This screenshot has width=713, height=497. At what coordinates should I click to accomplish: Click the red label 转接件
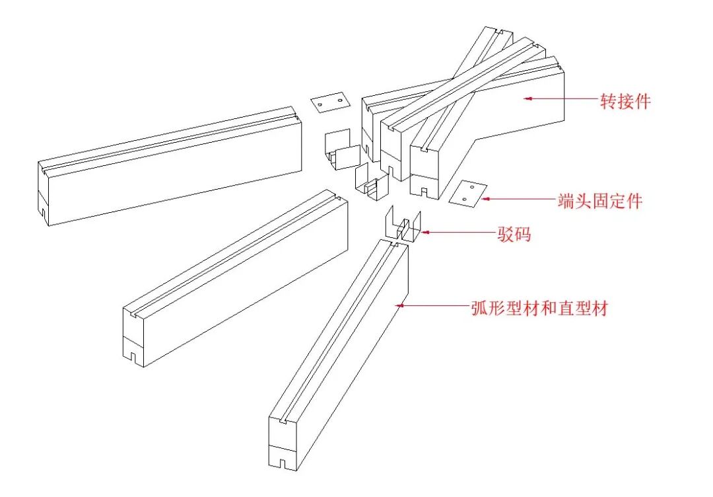(x=625, y=101)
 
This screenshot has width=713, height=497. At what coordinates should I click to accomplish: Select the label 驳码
(x=514, y=234)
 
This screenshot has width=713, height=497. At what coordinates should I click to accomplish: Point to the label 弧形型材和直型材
(x=539, y=308)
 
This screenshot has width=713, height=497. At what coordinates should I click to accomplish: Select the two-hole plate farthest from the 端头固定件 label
(x=329, y=102)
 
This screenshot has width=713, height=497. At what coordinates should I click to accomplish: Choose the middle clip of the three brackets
(x=370, y=182)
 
